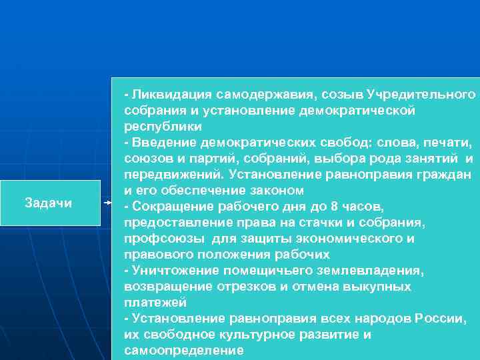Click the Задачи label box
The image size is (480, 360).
(x=48, y=202)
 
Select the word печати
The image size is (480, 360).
(x=451, y=143)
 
